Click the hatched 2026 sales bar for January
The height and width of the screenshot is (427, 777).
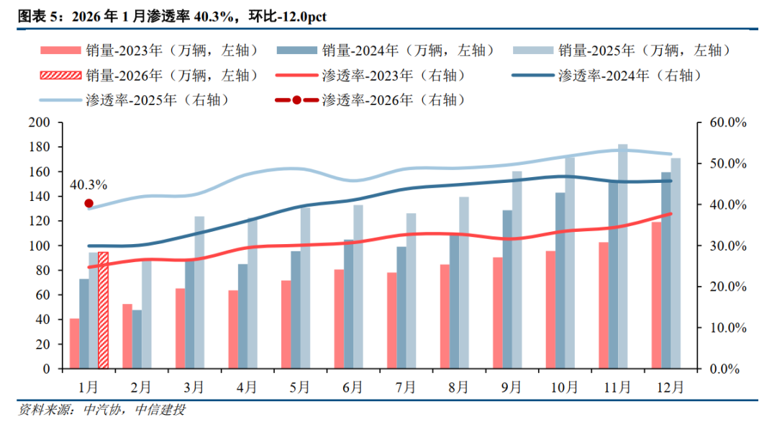103,310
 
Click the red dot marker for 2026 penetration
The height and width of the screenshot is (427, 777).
88,203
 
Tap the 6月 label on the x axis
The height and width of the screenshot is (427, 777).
353,387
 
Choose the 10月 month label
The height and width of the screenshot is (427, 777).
564,387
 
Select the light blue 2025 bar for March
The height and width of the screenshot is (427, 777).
199,292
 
